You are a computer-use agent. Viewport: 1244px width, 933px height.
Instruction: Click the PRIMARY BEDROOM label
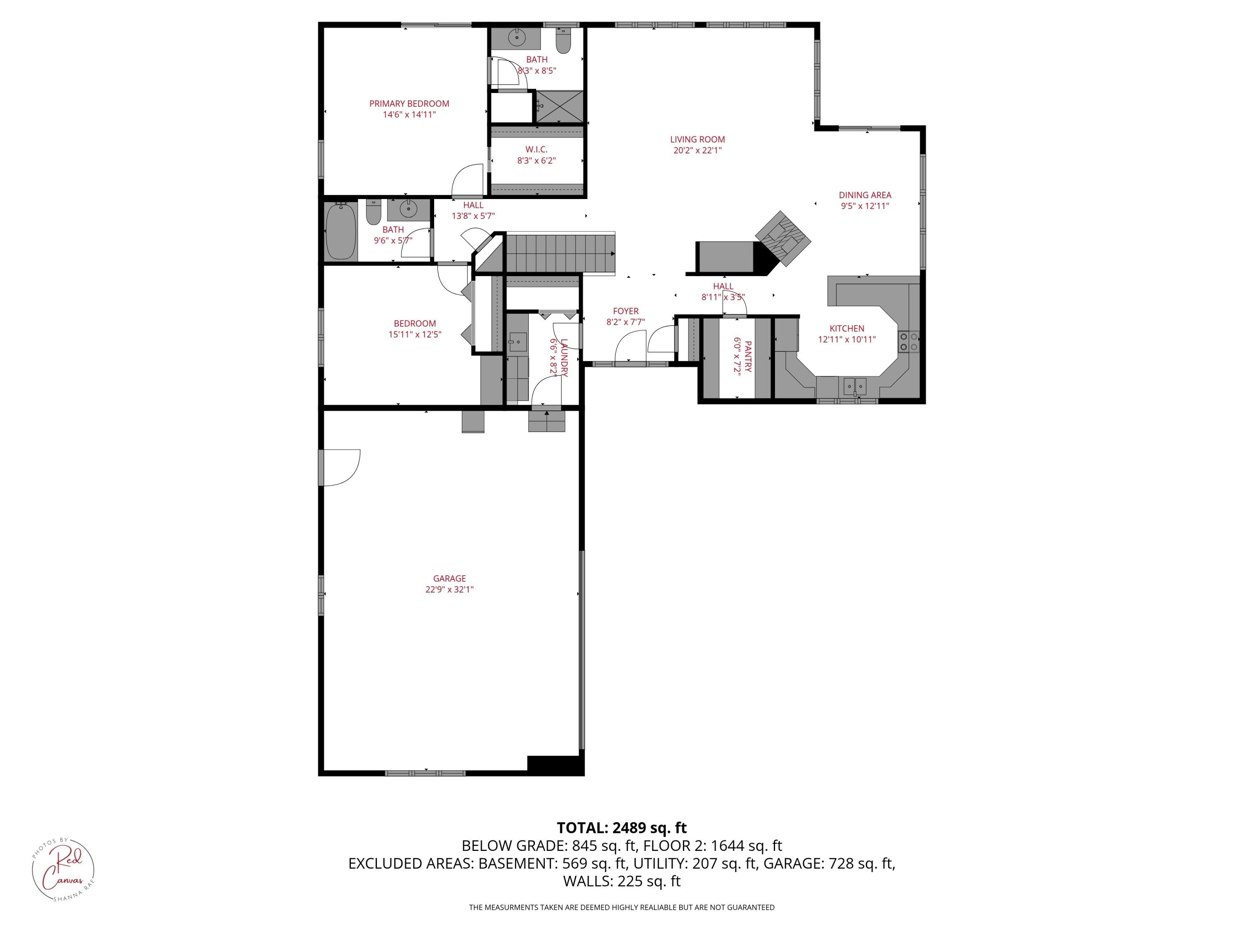click(409, 104)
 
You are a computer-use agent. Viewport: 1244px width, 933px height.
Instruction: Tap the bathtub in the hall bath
click(340, 231)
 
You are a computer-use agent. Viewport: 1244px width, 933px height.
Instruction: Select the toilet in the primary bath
click(563, 39)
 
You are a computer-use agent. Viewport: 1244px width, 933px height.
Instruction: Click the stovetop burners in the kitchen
click(908, 341)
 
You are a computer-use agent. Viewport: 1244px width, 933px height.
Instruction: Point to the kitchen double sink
click(854, 386)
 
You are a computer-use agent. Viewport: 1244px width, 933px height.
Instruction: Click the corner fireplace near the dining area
click(783, 237)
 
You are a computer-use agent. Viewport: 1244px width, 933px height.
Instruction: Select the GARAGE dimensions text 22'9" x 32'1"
click(449, 589)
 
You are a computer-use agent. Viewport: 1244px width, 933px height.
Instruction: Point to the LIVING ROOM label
click(697, 139)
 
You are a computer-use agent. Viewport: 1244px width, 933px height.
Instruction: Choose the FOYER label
click(625, 311)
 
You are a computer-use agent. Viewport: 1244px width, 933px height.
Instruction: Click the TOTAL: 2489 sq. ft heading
click(622, 828)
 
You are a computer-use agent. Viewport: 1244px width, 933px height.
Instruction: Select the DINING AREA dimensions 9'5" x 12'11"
click(865, 206)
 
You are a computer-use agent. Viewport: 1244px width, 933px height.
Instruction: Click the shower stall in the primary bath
click(559, 106)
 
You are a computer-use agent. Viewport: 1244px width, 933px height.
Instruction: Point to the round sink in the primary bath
click(516, 38)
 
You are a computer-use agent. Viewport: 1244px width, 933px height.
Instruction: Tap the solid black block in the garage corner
click(554, 764)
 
